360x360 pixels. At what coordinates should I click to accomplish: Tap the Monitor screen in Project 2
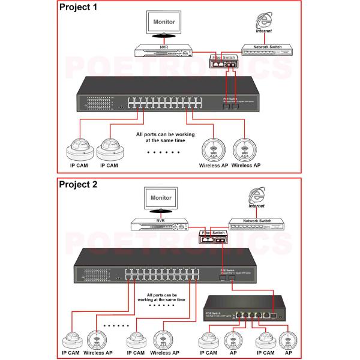pos(161,197)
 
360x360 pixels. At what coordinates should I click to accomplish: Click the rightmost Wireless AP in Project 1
pos(246,148)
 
